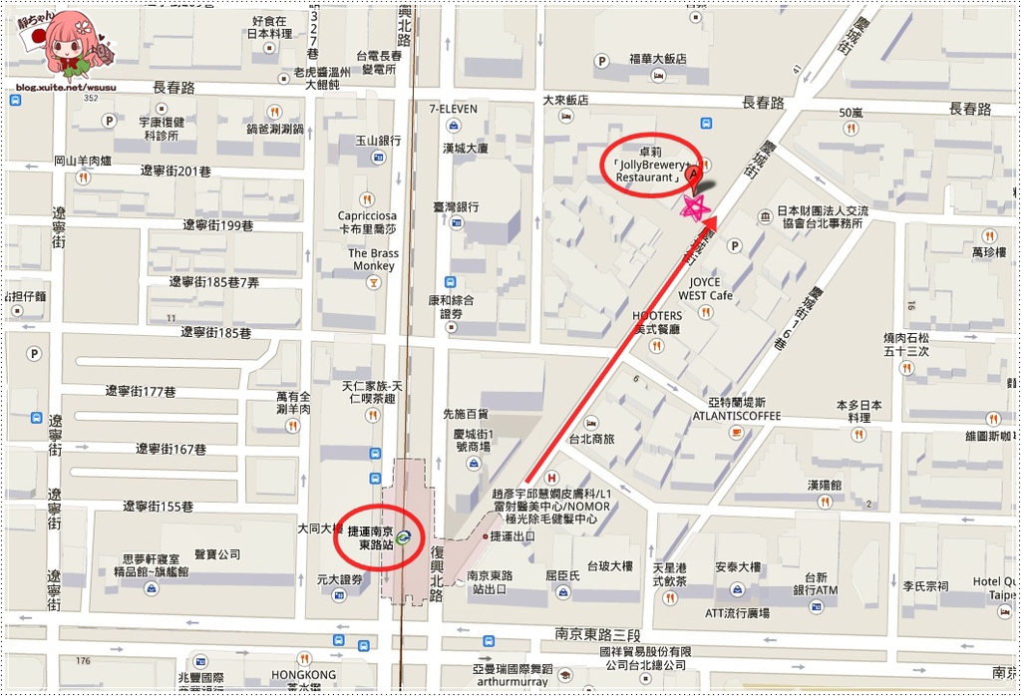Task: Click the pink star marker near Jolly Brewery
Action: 693,207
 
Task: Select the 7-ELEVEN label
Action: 453,109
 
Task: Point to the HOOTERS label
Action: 657,316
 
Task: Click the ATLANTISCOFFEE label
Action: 736,415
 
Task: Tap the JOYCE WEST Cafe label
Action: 706,289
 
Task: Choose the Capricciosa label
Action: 367,215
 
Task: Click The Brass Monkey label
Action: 373,259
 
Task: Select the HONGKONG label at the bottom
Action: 303,675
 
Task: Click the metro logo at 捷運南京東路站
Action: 403,537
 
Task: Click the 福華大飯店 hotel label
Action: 657,59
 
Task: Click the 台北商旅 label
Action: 592,439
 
